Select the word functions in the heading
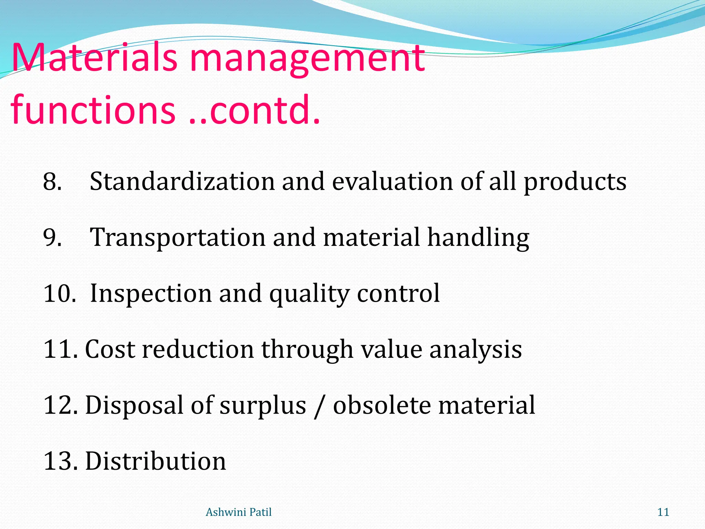[93, 110]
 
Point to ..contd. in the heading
[255, 110]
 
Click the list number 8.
[52, 181]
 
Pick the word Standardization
[182, 181]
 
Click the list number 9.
[52, 238]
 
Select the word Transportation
[178, 238]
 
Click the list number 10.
[59, 293]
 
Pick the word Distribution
[156, 461]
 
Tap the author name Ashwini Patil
[239, 512]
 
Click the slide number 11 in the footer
[663, 512]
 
